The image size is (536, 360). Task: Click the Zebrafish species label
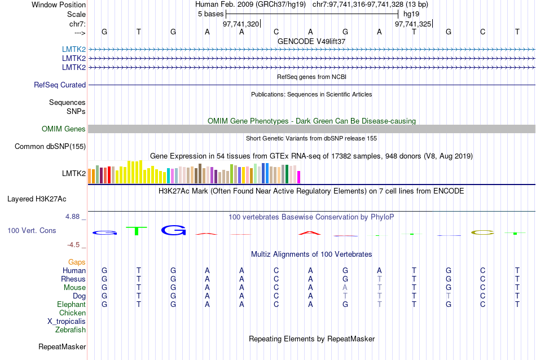point(71,330)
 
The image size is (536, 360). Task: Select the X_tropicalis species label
point(67,321)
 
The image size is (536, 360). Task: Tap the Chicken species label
point(72,313)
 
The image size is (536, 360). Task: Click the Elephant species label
point(71,304)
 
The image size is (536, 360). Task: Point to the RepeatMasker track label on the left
point(62,346)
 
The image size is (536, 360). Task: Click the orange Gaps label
point(77,262)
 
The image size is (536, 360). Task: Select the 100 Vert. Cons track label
point(32,231)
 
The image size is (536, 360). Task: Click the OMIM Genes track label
point(64,129)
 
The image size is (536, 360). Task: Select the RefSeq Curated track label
point(60,85)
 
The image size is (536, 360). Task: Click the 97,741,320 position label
point(241,24)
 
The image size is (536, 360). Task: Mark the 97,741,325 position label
point(413,24)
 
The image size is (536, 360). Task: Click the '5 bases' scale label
point(211,13)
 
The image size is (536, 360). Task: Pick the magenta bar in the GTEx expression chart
point(299,177)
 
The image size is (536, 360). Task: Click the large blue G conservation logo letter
point(173,230)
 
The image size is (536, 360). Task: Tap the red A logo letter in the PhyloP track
point(310,232)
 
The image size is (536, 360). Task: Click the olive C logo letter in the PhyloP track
point(482,232)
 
